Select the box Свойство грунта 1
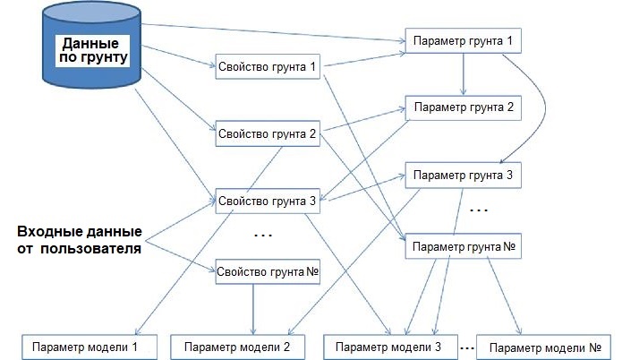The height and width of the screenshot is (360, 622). click(268, 67)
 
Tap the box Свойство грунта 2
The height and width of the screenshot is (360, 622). click(268, 134)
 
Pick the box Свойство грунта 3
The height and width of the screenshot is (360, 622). click(268, 201)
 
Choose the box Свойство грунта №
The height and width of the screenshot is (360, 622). click(268, 272)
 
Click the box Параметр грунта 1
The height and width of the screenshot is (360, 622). click(462, 42)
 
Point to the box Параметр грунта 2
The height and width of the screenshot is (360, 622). click(462, 107)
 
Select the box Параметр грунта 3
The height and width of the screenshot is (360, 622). click(462, 175)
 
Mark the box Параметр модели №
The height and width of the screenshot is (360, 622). click(545, 347)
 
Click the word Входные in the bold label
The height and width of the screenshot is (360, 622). click(49, 230)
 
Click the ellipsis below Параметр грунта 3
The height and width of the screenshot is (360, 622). click(479, 211)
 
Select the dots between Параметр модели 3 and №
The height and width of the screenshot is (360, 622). click(466, 345)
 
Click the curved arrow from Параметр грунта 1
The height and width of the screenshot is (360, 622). click(532, 103)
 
